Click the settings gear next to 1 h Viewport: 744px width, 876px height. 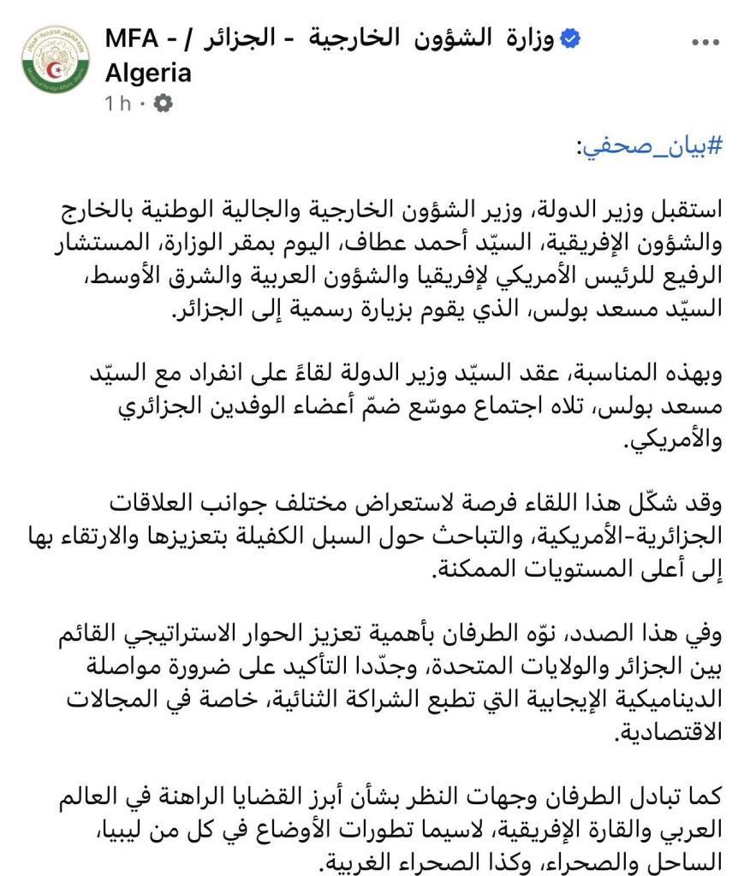pyautogui.click(x=162, y=104)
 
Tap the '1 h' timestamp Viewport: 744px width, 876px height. pyautogui.click(x=118, y=104)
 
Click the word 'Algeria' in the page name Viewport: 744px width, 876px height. pyautogui.click(x=147, y=73)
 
